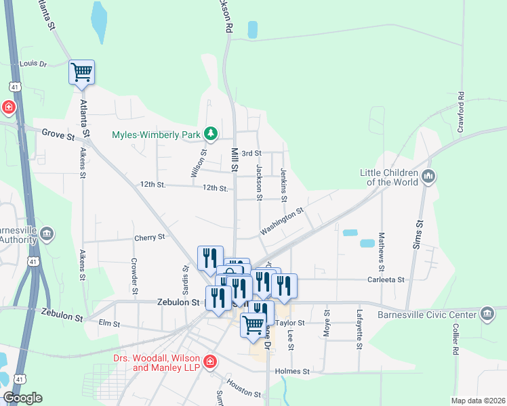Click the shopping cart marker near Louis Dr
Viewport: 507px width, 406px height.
81,72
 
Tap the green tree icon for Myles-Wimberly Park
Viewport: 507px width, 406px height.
211,133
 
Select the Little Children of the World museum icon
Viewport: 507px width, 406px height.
428,177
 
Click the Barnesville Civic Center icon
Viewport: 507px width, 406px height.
487,314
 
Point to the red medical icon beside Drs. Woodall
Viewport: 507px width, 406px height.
210,362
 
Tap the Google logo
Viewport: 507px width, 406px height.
22,398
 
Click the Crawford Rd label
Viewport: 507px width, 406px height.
460,112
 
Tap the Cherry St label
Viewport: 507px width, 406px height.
150,238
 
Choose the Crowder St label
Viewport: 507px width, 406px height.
134,271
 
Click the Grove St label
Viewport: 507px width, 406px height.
58,136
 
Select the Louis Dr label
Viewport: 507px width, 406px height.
33,64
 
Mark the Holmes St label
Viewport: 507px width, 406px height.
292,371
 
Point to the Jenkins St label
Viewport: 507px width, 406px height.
283,185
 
